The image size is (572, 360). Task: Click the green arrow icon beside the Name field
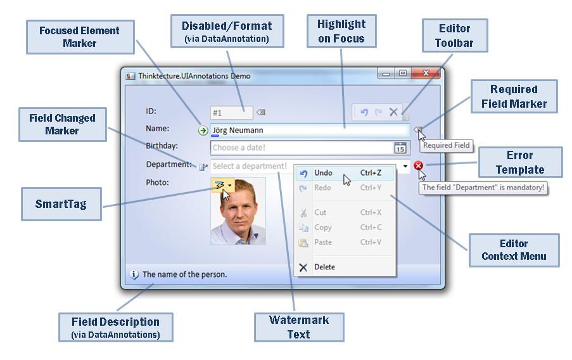[203, 131]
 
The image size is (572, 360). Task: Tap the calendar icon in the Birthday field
[400, 148]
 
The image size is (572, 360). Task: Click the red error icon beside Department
[418, 165]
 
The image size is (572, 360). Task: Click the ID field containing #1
[231, 113]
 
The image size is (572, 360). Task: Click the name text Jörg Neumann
[238, 131]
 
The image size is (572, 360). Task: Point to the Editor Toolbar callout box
[455, 35]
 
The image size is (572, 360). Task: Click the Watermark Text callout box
[299, 327]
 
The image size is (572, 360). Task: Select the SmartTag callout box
[61, 204]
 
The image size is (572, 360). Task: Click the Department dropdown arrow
[405, 166]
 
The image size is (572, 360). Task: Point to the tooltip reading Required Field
[446, 145]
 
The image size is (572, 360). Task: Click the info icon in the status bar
[134, 274]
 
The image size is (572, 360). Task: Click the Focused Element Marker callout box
[80, 37]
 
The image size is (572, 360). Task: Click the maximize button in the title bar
[403, 73]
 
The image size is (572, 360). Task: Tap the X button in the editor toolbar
[393, 112]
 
